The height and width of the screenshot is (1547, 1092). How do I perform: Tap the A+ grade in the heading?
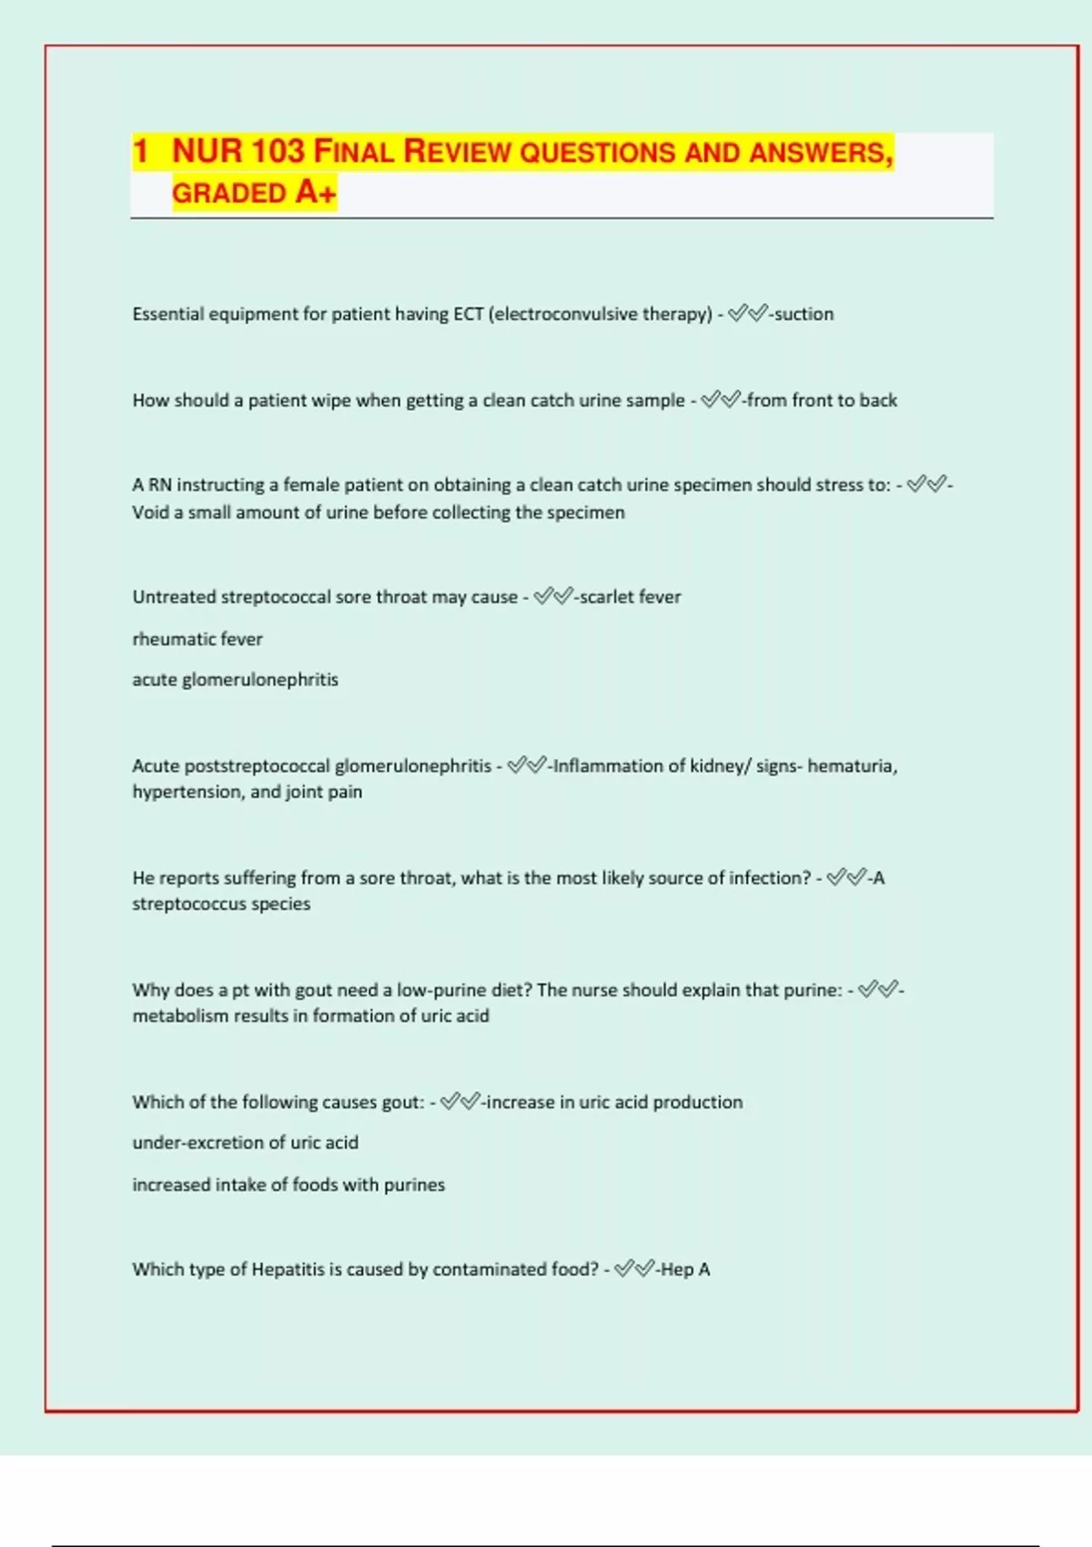point(315,193)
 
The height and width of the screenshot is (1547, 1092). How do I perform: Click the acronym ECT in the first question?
point(468,314)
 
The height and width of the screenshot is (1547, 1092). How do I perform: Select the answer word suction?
point(804,314)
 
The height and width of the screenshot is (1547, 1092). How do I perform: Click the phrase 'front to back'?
point(844,400)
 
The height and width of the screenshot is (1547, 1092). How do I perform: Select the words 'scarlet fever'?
point(630,597)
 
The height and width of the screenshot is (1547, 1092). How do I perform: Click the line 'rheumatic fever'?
point(197,639)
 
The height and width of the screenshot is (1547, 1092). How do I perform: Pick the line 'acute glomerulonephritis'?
point(235,680)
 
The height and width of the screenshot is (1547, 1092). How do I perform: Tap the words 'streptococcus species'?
point(221,904)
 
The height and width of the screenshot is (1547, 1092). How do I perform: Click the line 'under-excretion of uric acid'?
point(245,1142)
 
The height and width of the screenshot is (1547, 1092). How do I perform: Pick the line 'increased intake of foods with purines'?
point(288,1185)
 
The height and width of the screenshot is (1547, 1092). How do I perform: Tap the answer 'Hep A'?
point(685,1269)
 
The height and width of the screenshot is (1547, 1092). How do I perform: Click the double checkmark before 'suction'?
point(747,314)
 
